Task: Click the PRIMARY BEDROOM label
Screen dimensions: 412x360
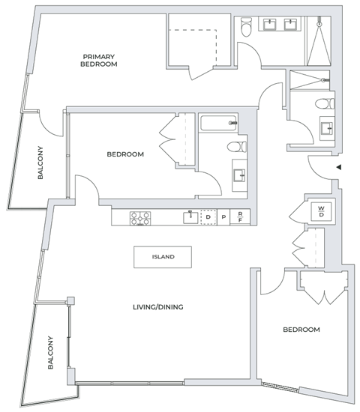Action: pos(99,61)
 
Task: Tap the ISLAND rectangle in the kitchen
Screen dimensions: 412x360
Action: pos(163,257)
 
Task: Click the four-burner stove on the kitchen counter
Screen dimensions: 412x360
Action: pos(140,218)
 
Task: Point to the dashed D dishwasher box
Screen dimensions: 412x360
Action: pos(208,218)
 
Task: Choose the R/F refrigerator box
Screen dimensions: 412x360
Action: pos(239,218)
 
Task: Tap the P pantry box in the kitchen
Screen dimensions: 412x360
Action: pos(223,218)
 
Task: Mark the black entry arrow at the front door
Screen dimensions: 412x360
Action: pos(340,167)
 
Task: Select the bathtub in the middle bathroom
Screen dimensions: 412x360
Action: pos(218,123)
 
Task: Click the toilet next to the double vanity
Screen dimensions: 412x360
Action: pos(247,28)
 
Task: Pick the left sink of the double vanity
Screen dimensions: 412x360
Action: pos(269,25)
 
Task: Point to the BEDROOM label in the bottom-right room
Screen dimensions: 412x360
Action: pos(301,330)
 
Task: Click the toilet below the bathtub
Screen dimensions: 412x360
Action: pos(235,147)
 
